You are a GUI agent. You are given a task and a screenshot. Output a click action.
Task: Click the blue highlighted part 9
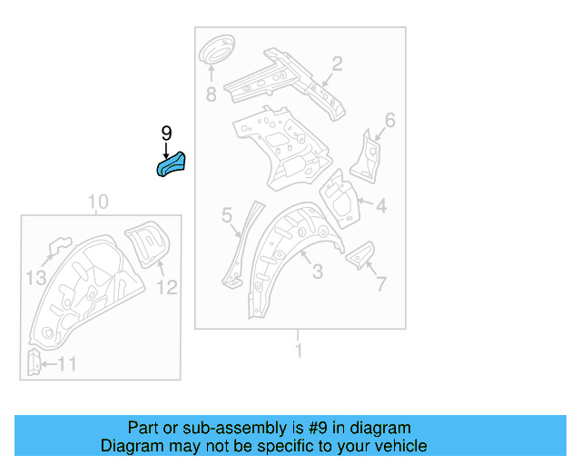click(172, 164)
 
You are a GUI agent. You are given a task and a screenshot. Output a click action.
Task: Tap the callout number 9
click(166, 134)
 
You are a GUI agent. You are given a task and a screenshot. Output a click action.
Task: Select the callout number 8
click(211, 94)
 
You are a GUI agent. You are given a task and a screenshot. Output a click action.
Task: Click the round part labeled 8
click(216, 50)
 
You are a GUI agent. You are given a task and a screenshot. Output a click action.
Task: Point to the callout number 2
click(337, 64)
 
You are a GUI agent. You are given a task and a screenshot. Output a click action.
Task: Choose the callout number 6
click(389, 121)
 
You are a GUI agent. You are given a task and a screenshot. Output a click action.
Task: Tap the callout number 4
click(381, 207)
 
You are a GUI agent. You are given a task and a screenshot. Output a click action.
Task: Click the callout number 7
click(380, 284)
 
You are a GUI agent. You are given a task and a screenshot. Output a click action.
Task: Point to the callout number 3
click(317, 272)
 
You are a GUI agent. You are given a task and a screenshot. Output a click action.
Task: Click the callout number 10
click(98, 202)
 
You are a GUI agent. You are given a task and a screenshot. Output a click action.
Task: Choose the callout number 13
click(35, 278)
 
